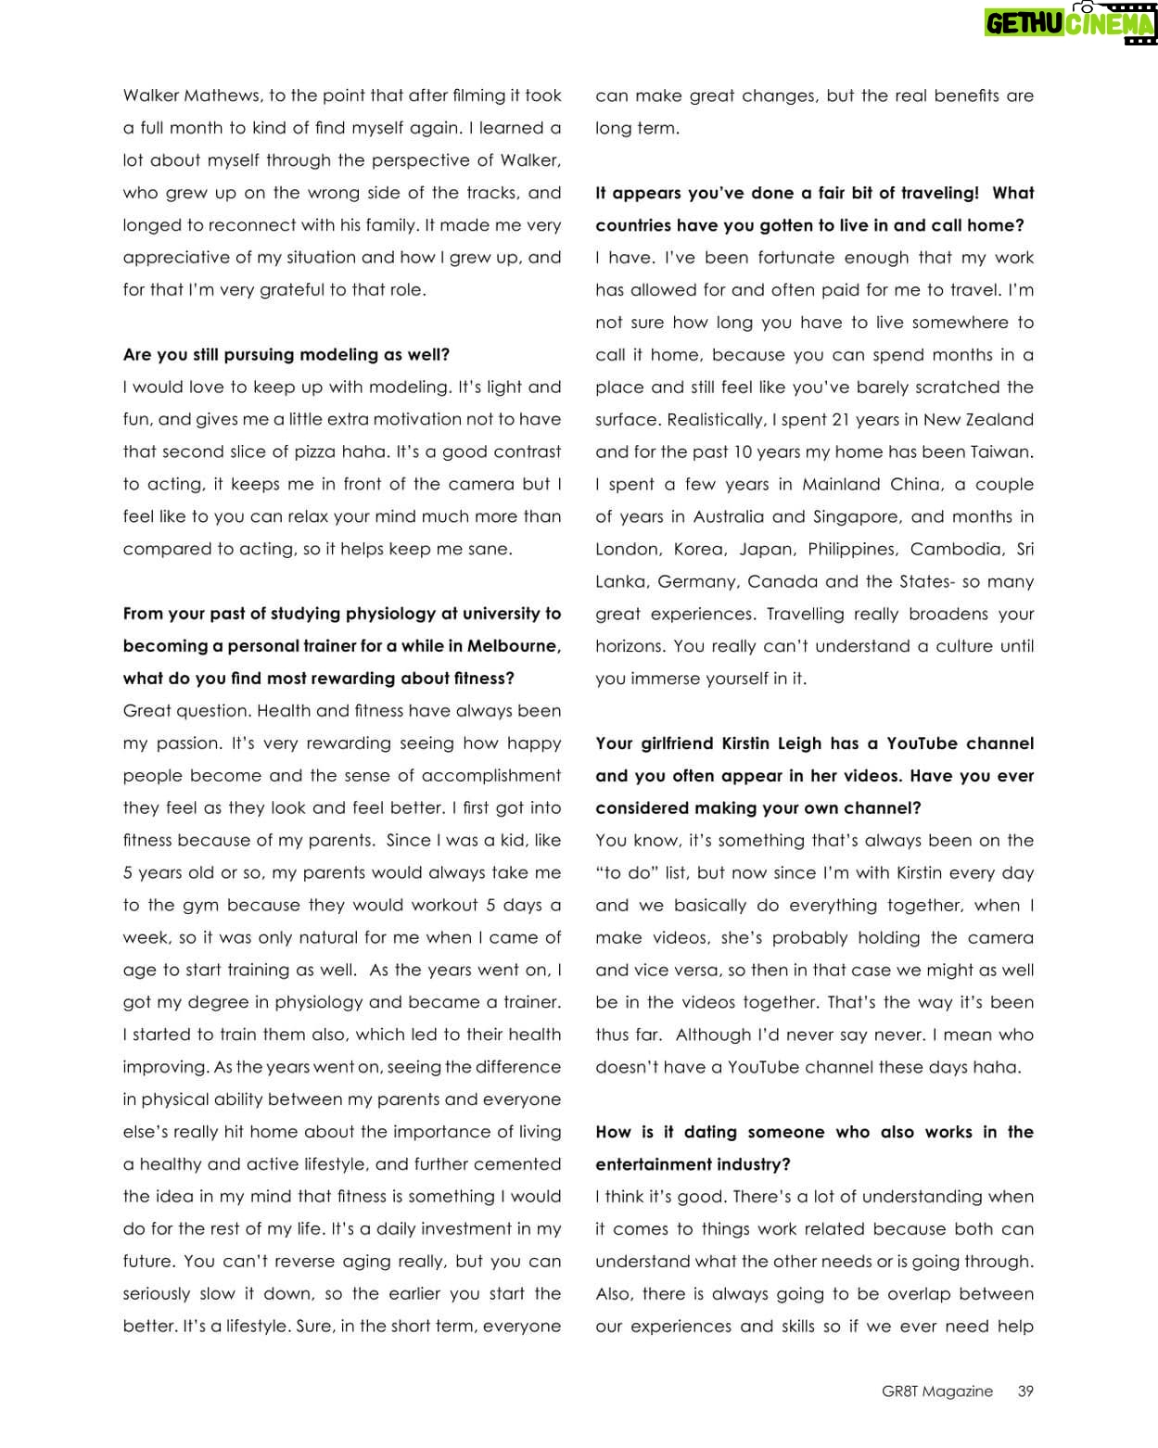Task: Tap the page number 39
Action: [x=1024, y=1391]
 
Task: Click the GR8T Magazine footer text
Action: [x=937, y=1391]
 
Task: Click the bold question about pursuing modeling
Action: [x=286, y=354]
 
